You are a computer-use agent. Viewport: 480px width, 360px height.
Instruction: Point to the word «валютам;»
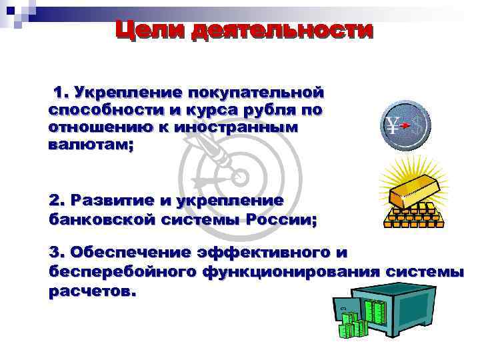tap(91, 144)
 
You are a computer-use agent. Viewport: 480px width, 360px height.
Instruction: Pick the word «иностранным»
tap(236, 126)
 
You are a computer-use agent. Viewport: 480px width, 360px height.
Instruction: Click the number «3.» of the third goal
tap(57, 253)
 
